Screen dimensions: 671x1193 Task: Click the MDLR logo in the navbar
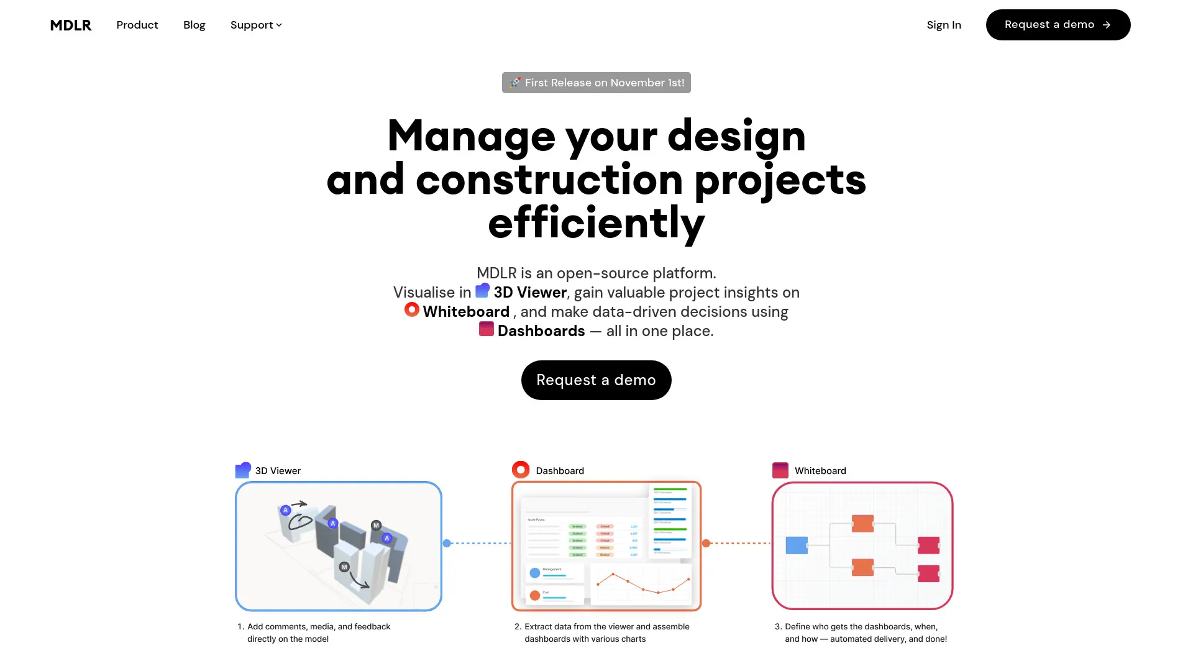70,25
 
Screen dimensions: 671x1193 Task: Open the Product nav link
137,25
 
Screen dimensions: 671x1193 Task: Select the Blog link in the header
194,25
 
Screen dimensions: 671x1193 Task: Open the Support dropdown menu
255,25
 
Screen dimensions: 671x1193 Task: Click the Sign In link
943,25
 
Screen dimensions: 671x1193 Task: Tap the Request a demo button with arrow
1058,25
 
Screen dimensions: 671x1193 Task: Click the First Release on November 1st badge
596,83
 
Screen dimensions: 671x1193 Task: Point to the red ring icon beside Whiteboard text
411,309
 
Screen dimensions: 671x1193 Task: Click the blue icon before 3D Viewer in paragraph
482,290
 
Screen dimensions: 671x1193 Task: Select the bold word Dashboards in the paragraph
541,331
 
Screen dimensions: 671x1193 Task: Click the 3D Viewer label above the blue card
277,471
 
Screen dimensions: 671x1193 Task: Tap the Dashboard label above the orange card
559,471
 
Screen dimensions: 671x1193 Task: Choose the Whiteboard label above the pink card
820,471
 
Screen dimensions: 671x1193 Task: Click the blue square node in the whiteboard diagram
797,545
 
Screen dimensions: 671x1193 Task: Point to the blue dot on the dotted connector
447,544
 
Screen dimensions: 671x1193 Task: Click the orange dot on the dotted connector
706,544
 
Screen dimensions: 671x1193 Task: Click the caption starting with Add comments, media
318,632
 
